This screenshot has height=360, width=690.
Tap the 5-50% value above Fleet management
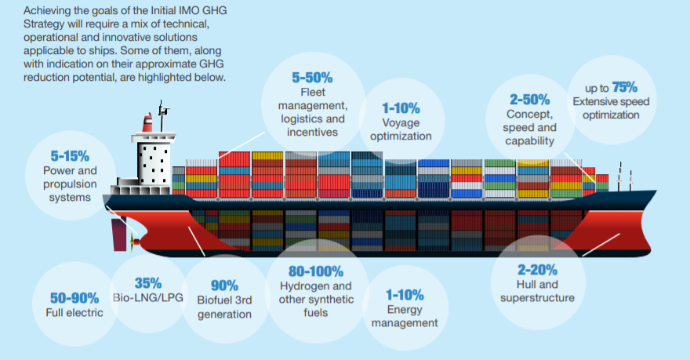tap(312, 78)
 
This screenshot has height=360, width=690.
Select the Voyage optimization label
tap(401, 129)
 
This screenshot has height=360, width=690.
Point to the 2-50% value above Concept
tap(531, 100)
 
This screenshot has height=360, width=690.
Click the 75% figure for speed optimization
tap(624, 86)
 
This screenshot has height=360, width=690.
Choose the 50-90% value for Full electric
tap(74, 298)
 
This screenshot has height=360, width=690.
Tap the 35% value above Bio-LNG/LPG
tap(147, 283)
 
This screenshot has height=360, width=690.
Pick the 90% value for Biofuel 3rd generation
tap(224, 285)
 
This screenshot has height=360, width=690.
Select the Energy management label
tap(405, 316)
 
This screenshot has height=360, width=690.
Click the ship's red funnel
tap(147, 122)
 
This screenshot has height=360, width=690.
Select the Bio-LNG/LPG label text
tap(147, 299)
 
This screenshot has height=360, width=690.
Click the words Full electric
tap(74, 314)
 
